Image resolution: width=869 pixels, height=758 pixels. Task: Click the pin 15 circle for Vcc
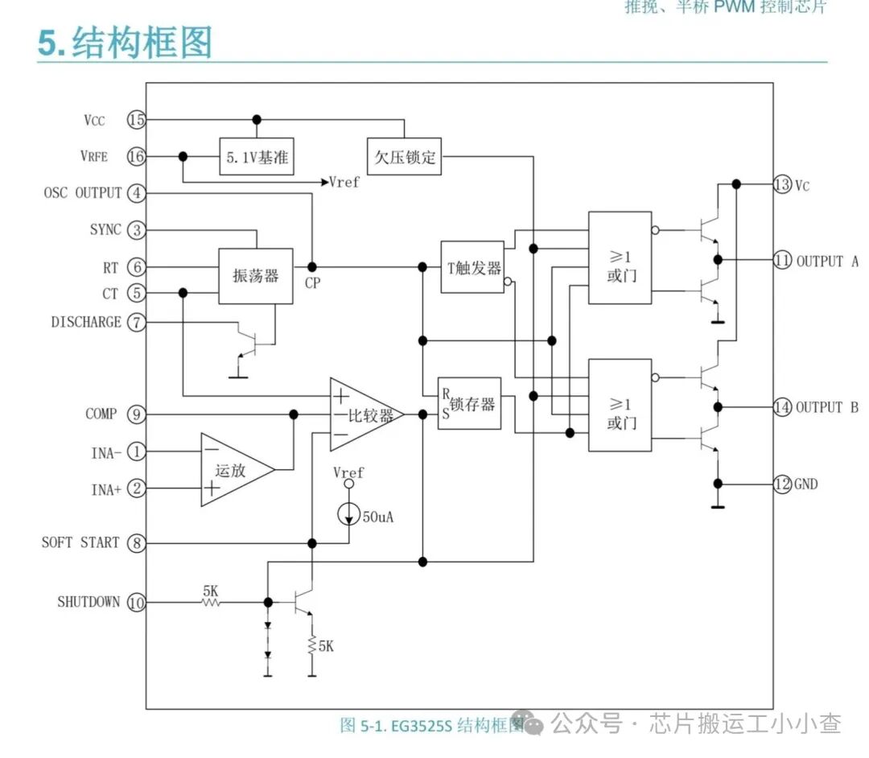(137, 120)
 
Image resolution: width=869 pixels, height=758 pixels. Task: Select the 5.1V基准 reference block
(257, 156)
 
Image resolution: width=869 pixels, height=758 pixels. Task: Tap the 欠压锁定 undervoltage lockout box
(404, 156)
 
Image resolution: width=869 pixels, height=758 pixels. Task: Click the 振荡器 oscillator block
(256, 276)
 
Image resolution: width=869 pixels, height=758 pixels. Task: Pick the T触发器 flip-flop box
(472, 267)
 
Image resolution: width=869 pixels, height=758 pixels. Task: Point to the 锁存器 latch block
(469, 404)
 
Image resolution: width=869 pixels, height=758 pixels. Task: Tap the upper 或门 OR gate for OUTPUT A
(620, 258)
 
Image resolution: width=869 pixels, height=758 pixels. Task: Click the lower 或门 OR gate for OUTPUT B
(620, 405)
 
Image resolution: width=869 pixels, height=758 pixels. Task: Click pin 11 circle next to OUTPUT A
(782, 261)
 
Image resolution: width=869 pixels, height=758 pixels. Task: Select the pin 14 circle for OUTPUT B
(782, 406)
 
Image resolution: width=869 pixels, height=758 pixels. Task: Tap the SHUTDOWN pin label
(89, 602)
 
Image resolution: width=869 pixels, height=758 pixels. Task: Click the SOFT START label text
(80, 543)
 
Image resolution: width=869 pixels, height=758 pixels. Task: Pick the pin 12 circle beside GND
(782, 484)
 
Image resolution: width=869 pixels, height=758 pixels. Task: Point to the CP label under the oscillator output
(312, 283)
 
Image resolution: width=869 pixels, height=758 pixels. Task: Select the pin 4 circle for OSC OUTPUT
(137, 193)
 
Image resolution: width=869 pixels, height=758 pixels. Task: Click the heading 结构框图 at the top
(142, 42)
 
